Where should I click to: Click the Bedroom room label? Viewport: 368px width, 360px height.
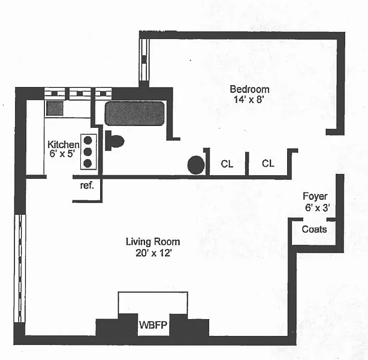tap(249, 89)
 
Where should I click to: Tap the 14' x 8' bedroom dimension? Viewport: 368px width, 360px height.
tap(249, 100)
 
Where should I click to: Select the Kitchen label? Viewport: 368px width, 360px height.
tap(63, 145)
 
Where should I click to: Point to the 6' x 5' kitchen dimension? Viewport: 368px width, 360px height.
tap(63, 154)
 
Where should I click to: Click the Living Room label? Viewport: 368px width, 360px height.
tap(152, 242)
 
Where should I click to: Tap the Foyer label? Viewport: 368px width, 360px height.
tap(315, 197)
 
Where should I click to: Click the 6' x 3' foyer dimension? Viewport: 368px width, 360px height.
tap(316, 208)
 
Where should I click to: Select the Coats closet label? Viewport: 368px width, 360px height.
tap(314, 229)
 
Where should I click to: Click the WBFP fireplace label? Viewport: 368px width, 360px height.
tap(152, 325)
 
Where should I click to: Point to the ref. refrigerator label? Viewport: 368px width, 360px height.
tap(87, 185)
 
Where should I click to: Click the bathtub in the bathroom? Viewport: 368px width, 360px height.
tap(134, 114)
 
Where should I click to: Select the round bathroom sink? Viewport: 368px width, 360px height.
tap(195, 164)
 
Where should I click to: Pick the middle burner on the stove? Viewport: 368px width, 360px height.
tap(88, 151)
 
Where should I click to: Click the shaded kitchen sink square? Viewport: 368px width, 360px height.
tap(55, 108)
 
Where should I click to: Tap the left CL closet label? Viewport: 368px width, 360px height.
tap(227, 164)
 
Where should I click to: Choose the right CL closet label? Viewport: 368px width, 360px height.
tap(267, 164)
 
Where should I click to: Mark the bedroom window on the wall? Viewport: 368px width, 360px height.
tap(144, 59)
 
